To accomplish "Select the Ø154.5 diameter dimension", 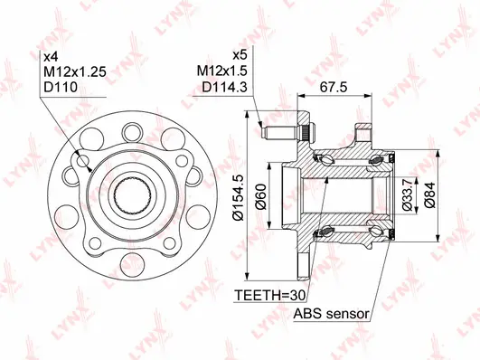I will coord(240,198).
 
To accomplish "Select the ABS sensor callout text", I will coord(331,314).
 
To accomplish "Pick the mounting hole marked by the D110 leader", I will coord(85,162).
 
